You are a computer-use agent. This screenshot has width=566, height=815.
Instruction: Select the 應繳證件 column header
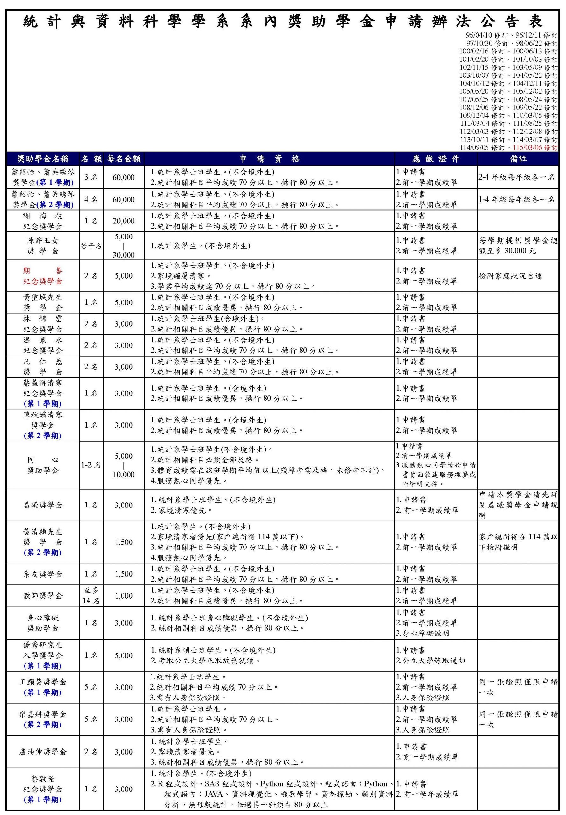[x=436, y=159]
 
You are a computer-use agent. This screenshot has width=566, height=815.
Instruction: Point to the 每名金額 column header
[x=124, y=159]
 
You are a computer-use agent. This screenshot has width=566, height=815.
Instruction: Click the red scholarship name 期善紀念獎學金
[x=43, y=276]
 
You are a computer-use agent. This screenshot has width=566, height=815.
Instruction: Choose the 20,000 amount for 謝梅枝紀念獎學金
[x=124, y=221]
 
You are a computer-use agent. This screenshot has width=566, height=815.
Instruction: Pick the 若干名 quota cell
[x=91, y=246]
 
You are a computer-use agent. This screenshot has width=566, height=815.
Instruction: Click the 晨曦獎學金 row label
[x=43, y=505]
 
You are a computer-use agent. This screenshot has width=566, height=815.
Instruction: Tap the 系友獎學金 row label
[x=43, y=574]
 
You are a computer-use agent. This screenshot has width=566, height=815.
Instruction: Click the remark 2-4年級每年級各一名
[x=516, y=177]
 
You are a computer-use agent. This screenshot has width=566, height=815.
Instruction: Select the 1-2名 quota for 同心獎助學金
[x=91, y=465]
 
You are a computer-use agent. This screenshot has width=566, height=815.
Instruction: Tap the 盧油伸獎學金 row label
[x=43, y=752]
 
